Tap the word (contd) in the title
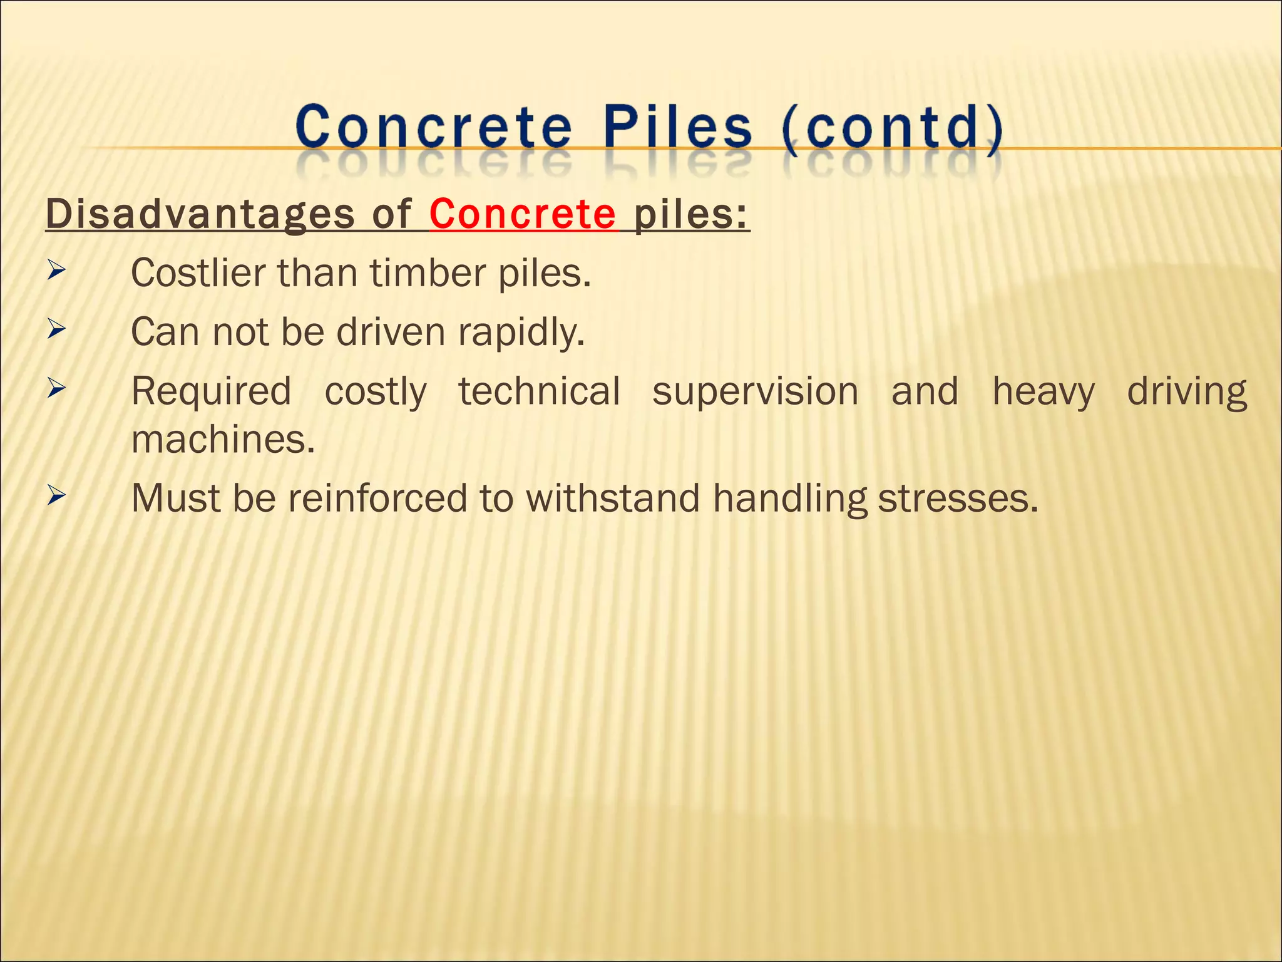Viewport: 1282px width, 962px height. pyautogui.click(x=892, y=128)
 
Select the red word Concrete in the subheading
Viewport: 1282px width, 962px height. pyautogui.click(x=523, y=214)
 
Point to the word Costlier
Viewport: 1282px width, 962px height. pyautogui.click(x=198, y=273)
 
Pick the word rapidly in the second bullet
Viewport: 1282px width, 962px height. pyautogui.click(x=521, y=332)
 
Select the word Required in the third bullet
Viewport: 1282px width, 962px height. pyautogui.click(x=211, y=391)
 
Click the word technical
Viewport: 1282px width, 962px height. pyautogui.click(x=539, y=391)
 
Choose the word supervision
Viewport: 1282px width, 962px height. pyautogui.click(x=755, y=391)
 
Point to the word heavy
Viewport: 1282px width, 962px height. pyautogui.click(x=1044, y=393)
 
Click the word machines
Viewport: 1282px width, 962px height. pyautogui.click(x=223, y=440)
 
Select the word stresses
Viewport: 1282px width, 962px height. pyautogui.click(x=957, y=499)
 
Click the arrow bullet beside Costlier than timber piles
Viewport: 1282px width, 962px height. pyautogui.click(x=56, y=271)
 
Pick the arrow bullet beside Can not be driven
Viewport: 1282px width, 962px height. pyautogui.click(x=56, y=329)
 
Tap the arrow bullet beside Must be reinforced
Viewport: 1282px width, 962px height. pyautogui.click(x=56, y=496)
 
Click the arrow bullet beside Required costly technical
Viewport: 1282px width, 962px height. pyautogui.click(x=56, y=388)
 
